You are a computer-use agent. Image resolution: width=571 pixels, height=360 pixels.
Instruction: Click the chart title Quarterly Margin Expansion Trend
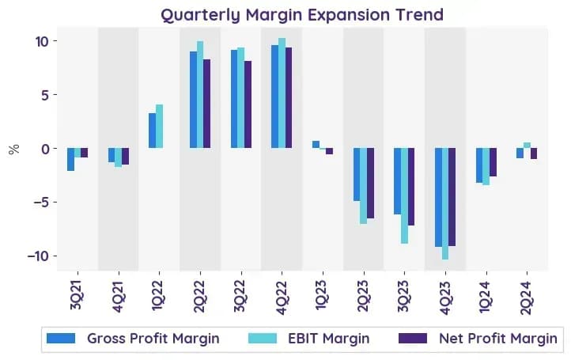click(302, 15)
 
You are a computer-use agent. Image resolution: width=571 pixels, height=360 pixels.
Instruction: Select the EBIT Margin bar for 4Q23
click(445, 203)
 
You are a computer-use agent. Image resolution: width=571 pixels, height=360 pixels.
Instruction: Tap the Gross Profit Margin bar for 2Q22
click(194, 100)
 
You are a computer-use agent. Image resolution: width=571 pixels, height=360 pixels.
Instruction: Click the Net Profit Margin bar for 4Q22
click(289, 97)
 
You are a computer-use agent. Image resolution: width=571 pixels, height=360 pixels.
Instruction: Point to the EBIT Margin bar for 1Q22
click(160, 126)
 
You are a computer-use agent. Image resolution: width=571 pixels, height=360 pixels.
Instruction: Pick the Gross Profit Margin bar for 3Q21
click(70, 159)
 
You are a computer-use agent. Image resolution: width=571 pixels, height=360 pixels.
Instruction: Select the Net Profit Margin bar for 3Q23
click(411, 187)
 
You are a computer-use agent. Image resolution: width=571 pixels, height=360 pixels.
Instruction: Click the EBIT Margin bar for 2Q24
click(527, 146)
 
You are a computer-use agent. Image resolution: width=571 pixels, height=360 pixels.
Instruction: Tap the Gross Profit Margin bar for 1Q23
click(316, 144)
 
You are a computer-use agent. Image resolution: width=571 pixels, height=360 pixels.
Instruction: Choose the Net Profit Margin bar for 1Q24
click(493, 162)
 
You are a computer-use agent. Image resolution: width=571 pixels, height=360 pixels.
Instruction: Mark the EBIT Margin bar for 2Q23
click(364, 186)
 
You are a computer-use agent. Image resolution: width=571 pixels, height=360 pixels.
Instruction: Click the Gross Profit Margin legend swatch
click(61, 338)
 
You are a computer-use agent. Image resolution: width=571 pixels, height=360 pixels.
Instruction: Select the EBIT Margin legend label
click(329, 339)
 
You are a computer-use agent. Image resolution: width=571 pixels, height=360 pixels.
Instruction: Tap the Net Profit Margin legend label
click(498, 339)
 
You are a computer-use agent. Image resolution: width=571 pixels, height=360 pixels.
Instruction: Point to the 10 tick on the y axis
click(55, 41)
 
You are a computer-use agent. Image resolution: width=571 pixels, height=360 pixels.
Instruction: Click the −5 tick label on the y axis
click(41, 203)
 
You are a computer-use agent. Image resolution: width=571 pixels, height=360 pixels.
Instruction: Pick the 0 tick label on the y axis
click(45, 149)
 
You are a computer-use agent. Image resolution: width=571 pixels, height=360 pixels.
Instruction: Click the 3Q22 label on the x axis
click(240, 297)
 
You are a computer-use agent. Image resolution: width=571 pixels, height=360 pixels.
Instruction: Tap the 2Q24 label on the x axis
click(527, 298)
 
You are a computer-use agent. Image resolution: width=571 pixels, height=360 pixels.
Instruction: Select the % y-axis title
click(13, 149)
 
